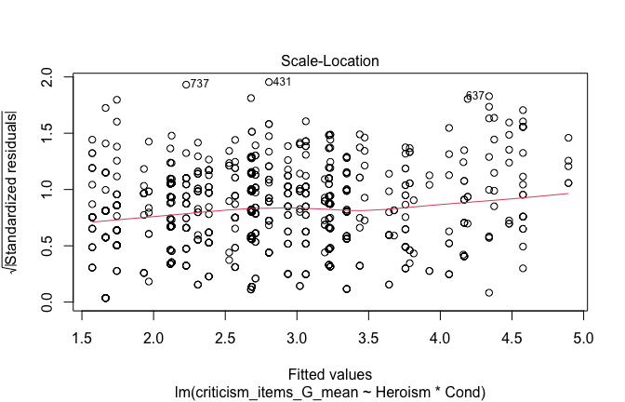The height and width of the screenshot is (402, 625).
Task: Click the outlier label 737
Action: [x=199, y=85]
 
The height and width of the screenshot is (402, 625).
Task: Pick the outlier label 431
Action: [x=282, y=82]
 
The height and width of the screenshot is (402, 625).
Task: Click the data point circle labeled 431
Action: [x=269, y=82]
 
